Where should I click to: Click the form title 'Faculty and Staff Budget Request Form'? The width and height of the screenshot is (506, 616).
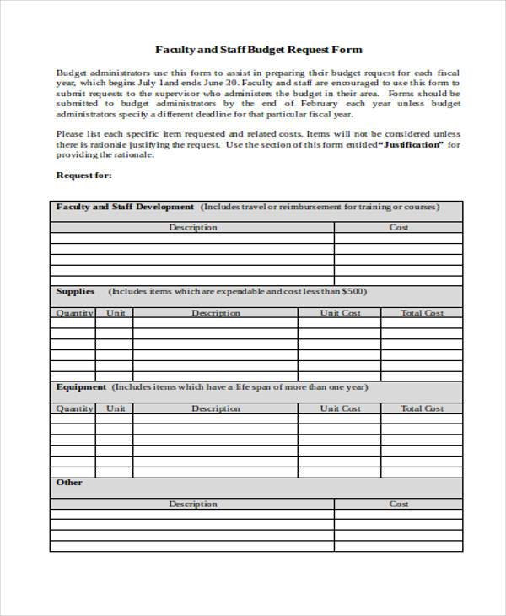[259, 50]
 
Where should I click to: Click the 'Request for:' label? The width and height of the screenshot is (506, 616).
[83, 176]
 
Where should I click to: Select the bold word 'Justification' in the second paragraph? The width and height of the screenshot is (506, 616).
[412, 144]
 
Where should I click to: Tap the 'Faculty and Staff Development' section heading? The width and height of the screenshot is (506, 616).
[125, 206]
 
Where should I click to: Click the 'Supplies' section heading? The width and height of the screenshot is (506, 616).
[75, 291]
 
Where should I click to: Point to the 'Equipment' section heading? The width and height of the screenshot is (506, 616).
[81, 387]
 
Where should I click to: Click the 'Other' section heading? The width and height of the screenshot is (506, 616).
[69, 483]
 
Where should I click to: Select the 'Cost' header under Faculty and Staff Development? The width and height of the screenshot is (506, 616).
[398, 227]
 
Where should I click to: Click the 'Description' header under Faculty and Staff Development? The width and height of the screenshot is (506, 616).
[192, 227]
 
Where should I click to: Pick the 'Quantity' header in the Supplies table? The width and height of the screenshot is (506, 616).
[74, 313]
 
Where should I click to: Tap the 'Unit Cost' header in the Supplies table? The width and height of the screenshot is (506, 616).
[340, 313]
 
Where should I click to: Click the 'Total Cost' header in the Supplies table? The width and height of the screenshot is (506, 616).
[422, 313]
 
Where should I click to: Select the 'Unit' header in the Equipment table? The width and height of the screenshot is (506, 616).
[116, 408]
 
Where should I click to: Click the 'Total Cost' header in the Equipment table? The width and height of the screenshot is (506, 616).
[422, 408]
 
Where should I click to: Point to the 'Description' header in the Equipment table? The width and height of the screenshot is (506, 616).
[216, 408]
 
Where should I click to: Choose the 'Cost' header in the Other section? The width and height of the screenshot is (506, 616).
[398, 504]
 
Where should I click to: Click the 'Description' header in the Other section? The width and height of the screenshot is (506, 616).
[192, 504]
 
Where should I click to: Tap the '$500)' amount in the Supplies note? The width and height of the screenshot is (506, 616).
[354, 291]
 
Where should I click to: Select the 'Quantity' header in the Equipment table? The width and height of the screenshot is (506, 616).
[74, 408]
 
